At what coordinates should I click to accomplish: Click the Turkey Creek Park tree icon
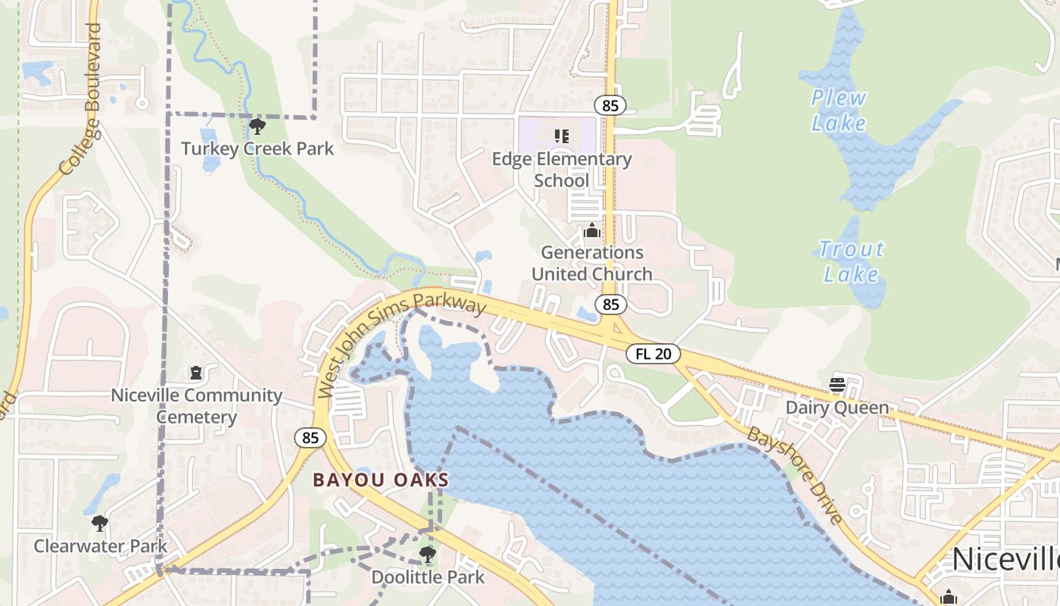(x=257, y=127)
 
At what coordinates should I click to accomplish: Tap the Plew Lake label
(x=838, y=110)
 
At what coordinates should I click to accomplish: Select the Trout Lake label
(x=851, y=261)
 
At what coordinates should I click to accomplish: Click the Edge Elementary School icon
(x=561, y=136)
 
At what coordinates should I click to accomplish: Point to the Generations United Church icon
(x=592, y=230)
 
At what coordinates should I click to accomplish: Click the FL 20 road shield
(x=653, y=354)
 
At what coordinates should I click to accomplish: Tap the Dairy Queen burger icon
(x=837, y=385)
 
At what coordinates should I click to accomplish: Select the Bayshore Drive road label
(x=795, y=475)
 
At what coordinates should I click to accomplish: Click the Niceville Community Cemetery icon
(x=196, y=373)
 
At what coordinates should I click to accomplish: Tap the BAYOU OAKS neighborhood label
(x=381, y=480)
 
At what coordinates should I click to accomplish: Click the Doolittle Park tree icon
(x=428, y=554)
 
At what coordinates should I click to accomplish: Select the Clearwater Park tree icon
(x=99, y=523)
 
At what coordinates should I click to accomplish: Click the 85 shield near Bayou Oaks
(x=310, y=438)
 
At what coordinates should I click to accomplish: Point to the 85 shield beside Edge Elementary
(x=609, y=105)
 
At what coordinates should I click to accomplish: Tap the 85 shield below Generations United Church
(x=611, y=305)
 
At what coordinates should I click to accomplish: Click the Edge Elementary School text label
(x=562, y=170)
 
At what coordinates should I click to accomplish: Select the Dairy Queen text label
(x=837, y=408)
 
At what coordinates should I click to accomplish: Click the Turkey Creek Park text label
(x=257, y=148)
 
